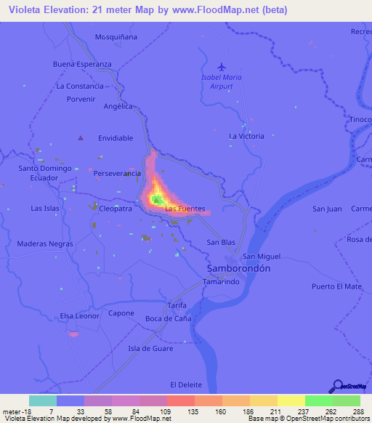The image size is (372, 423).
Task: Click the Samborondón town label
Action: click(235, 268)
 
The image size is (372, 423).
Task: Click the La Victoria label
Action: click(246, 136)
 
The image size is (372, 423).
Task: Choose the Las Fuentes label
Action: click(185, 209)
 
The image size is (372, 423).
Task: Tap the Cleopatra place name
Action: click(116, 209)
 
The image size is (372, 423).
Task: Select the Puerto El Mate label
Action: click(336, 286)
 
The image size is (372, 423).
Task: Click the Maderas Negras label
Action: click(45, 243)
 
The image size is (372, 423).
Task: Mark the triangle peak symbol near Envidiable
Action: click(81, 137)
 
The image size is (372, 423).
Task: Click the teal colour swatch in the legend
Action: click(42, 400)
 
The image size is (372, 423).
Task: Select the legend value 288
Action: click(357, 411)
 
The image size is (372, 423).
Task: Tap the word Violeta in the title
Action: click(26, 10)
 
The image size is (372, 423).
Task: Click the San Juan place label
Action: click(327, 209)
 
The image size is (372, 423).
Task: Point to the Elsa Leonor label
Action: click(79, 316)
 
